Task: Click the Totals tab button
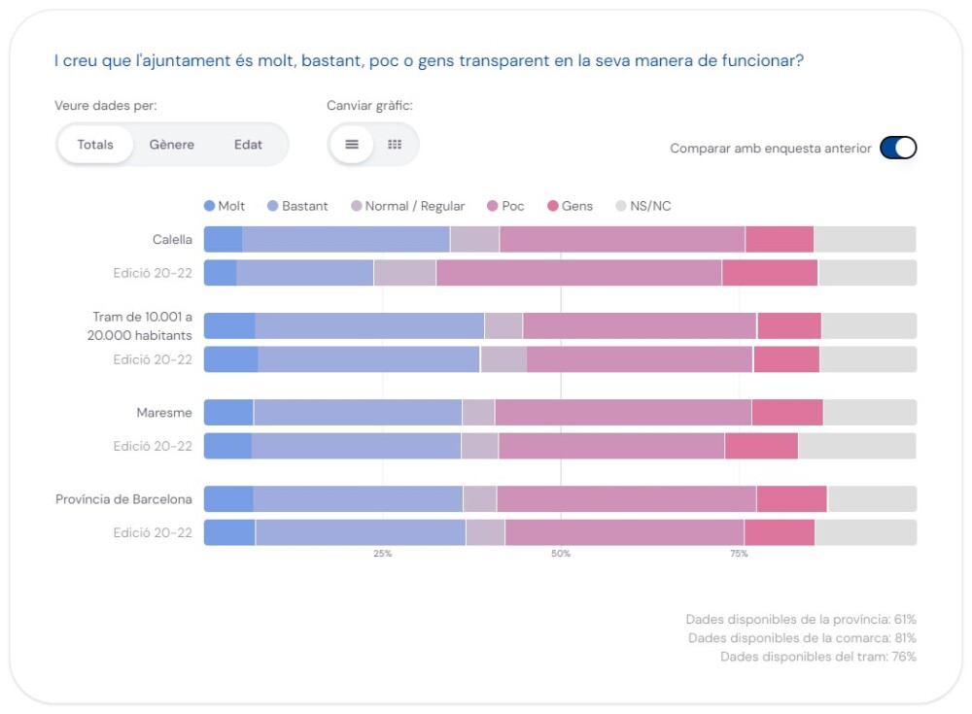click(x=95, y=145)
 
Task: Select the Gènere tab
click(x=172, y=145)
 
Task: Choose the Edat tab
click(x=248, y=145)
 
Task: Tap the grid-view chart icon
click(x=395, y=145)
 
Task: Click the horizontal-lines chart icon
click(x=352, y=145)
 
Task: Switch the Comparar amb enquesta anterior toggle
click(x=898, y=148)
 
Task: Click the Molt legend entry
click(x=225, y=206)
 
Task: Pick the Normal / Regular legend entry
click(x=407, y=206)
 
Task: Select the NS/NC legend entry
click(x=643, y=206)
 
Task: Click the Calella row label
click(x=172, y=239)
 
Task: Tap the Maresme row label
click(x=164, y=413)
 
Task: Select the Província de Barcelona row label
click(x=123, y=499)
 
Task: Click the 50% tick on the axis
click(x=561, y=554)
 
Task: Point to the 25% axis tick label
click(x=382, y=554)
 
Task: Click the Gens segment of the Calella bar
click(x=780, y=239)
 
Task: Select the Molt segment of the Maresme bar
click(x=228, y=413)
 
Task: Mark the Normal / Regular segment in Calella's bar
click(x=474, y=239)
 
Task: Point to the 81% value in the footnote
click(x=905, y=638)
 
